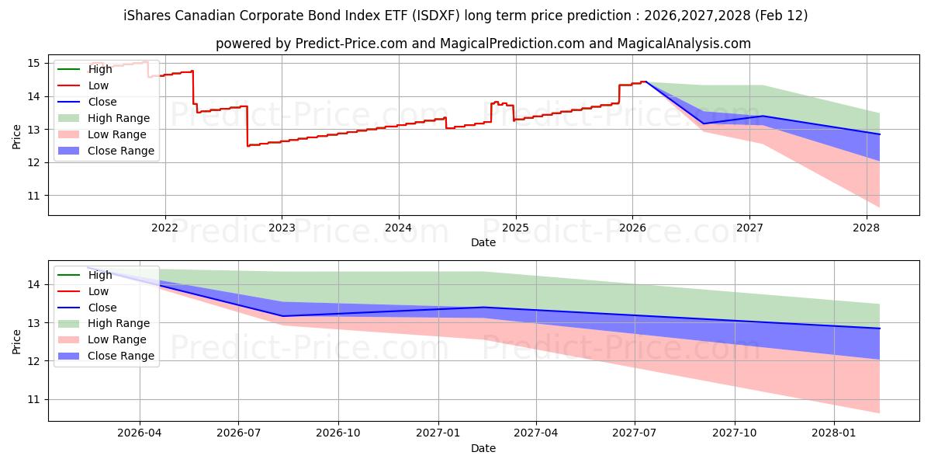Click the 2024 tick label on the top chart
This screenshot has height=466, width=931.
point(398,228)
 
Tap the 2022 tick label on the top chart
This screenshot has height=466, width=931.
point(164,228)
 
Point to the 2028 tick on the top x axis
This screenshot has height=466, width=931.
point(866,228)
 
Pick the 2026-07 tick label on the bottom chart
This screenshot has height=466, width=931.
point(238,434)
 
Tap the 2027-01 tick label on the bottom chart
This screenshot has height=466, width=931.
point(439,434)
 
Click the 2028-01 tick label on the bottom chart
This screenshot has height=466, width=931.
point(834,434)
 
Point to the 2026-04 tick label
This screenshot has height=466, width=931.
point(139,434)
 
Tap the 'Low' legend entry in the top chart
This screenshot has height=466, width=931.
point(99,85)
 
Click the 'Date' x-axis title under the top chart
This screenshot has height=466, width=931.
point(483,242)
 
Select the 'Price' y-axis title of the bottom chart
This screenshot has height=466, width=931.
point(17,340)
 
